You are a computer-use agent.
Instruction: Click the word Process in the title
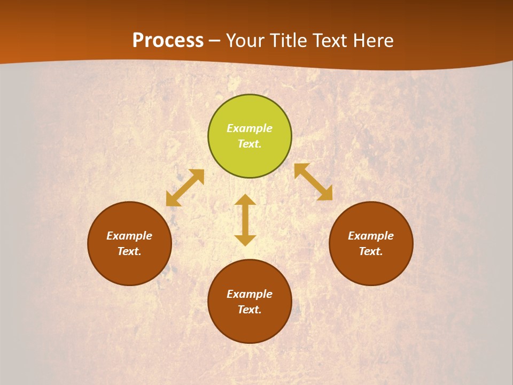tap(168, 41)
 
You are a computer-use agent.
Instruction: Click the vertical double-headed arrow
tap(245, 220)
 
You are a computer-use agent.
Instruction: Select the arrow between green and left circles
tap(185, 188)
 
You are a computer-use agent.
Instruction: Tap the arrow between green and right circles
tap(313, 182)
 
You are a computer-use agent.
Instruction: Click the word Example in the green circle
tap(250, 128)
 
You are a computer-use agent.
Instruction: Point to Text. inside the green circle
tap(250, 144)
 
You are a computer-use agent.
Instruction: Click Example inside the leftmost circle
tap(129, 236)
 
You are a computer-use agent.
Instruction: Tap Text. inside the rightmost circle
tap(371, 251)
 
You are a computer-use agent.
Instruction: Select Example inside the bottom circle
tap(250, 294)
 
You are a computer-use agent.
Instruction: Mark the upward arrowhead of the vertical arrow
tap(245, 200)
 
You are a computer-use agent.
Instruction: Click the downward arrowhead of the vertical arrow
tap(245, 240)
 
